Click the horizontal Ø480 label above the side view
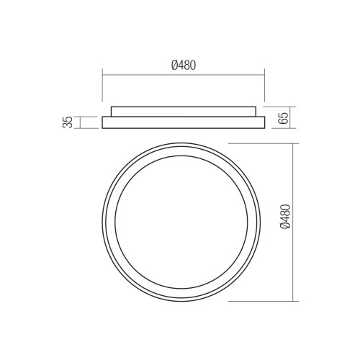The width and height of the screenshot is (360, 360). pyautogui.click(x=184, y=66)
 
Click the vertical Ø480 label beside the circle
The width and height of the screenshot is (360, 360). pyautogui.click(x=285, y=217)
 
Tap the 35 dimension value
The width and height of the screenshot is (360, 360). pyautogui.click(x=68, y=122)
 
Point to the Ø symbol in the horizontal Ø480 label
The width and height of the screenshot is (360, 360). pyautogui.click(x=174, y=66)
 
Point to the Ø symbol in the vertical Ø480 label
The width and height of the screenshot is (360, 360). pyautogui.click(x=285, y=225)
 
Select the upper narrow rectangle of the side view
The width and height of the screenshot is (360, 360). pyautogui.click(x=184, y=112)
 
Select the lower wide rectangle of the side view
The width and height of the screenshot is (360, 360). pyautogui.click(x=184, y=122)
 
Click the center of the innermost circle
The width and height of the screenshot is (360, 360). pyautogui.click(x=181, y=222)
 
